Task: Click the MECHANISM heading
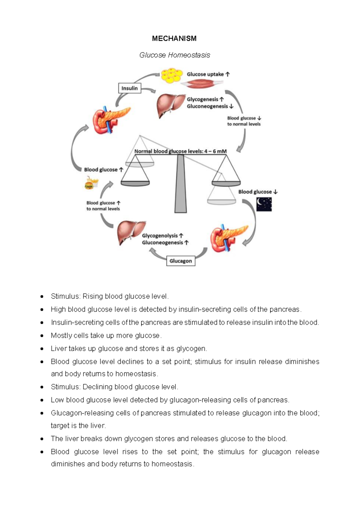coord(174,38)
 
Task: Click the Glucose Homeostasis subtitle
coord(175,55)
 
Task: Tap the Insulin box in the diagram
coord(130,88)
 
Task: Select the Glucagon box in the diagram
coord(181,261)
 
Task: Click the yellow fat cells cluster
coord(171,75)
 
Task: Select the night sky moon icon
coord(264,204)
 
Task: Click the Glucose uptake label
coord(205,74)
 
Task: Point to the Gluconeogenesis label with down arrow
coord(207,106)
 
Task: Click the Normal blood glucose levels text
coord(180,151)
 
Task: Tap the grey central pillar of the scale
coord(180,186)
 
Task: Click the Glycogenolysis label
coord(160,236)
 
